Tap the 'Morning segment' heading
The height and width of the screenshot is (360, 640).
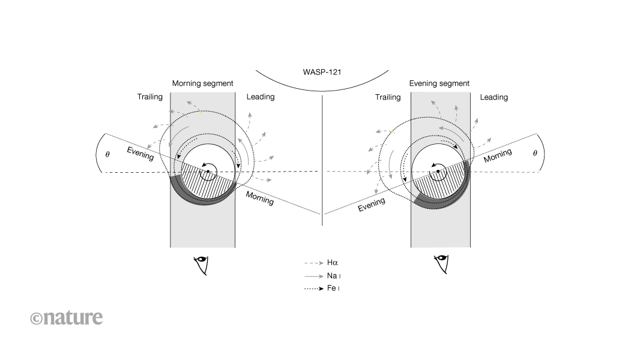202,83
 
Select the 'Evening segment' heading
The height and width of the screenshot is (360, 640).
439,83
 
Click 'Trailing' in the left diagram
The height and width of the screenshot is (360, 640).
150,97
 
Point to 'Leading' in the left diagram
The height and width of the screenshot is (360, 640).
261,97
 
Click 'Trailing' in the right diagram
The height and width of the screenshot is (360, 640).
388,97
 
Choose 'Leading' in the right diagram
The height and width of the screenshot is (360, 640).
494,97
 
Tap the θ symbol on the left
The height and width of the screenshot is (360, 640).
107,154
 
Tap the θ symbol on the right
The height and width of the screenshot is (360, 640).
534,153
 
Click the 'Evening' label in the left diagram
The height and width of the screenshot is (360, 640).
140,154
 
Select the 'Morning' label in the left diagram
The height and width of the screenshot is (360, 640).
260,199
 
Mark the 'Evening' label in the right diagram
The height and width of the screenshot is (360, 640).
372,205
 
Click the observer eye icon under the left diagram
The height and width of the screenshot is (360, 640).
202,265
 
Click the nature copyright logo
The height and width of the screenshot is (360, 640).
66,317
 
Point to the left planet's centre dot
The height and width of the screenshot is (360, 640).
208,172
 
